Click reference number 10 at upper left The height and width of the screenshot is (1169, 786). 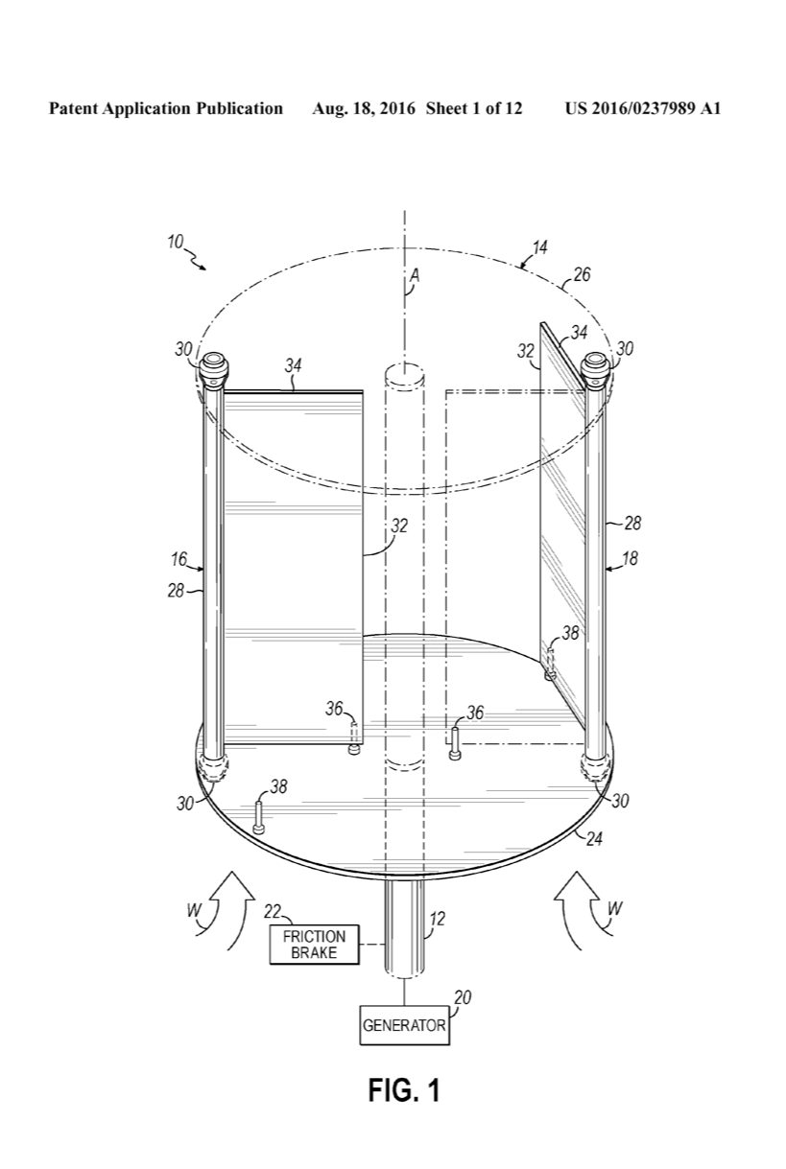pos(176,243)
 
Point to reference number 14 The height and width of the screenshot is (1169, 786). pos(539,246)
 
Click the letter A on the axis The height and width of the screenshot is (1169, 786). pos(415,275)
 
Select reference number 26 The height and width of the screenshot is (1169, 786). pos(582,274)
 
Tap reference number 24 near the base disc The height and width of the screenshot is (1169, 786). pos(594,839)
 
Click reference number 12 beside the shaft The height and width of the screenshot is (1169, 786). pos(437,919)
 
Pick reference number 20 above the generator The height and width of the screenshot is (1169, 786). pos(463,997)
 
